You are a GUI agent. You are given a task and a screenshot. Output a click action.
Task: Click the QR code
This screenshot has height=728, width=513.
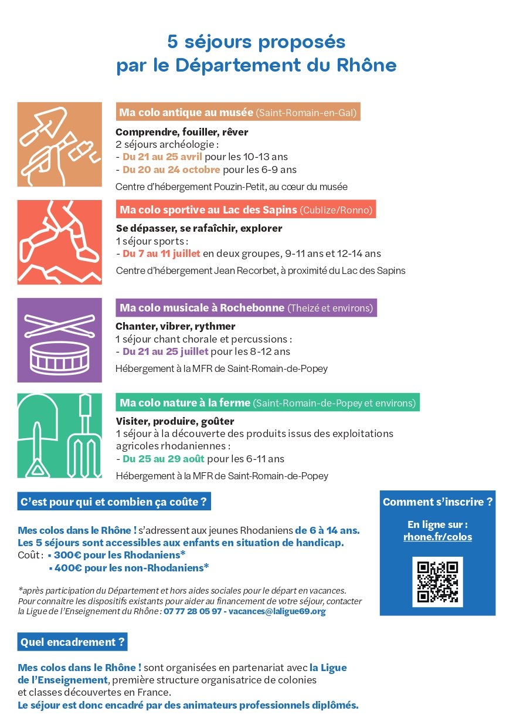[437, 581]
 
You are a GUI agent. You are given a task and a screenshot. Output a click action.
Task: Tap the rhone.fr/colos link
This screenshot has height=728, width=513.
[437, 537]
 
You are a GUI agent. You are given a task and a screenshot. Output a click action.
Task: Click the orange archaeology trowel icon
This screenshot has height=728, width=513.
[59, 145]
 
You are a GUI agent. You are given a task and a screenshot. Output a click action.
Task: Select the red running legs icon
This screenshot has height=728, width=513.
[59, 242]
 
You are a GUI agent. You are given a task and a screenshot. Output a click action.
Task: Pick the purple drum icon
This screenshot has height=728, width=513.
[59, 340]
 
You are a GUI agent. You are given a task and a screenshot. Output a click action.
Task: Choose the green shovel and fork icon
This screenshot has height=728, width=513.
[59, 435]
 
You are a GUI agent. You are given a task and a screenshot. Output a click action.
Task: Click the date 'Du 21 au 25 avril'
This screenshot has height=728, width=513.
[162, 157]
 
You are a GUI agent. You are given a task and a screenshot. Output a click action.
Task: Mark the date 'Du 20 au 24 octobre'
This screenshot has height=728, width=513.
[171, 170]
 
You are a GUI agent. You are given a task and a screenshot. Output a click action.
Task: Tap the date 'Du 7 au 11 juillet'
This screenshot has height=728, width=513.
[161, 253]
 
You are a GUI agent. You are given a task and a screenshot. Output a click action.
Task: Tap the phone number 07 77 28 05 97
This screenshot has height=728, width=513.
[192, 611]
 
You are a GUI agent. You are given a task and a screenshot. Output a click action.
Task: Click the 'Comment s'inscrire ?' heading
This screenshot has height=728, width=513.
[437, 502]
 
